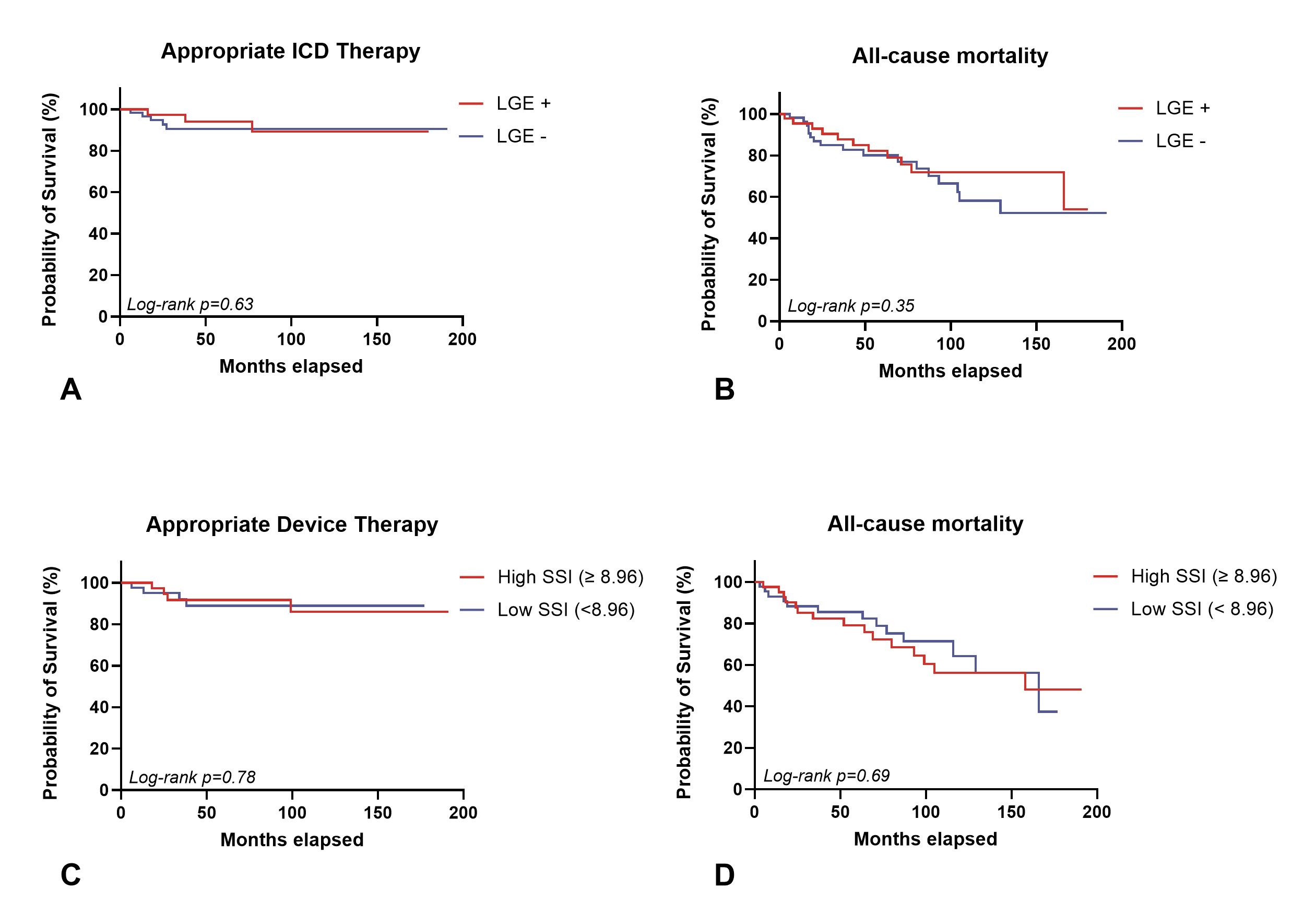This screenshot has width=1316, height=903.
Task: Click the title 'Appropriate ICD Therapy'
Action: point(290,52)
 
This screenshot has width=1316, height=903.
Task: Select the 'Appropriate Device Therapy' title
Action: point(292,525)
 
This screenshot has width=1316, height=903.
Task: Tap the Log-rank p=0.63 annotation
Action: point(189,305)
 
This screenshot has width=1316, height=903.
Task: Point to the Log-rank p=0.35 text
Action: point(850,306)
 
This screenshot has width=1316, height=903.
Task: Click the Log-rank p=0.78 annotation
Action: point(192,777)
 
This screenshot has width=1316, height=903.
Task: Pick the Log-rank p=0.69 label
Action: point(826,776)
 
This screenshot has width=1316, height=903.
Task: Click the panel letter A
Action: point(71,390)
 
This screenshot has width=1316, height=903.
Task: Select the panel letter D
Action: point(724,875)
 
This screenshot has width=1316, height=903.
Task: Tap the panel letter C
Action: point(71,875)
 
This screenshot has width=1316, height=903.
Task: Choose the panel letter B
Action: point(724,390)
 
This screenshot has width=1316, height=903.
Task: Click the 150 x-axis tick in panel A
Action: point(376,340)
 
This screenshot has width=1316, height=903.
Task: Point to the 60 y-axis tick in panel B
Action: point(757,197)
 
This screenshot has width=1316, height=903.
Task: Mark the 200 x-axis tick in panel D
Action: point(1096,812)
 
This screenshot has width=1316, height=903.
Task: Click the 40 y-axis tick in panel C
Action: point(99,707)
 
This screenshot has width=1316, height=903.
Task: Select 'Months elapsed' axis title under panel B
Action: point(950,372)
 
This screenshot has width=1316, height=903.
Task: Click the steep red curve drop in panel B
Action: point(1064,190)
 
